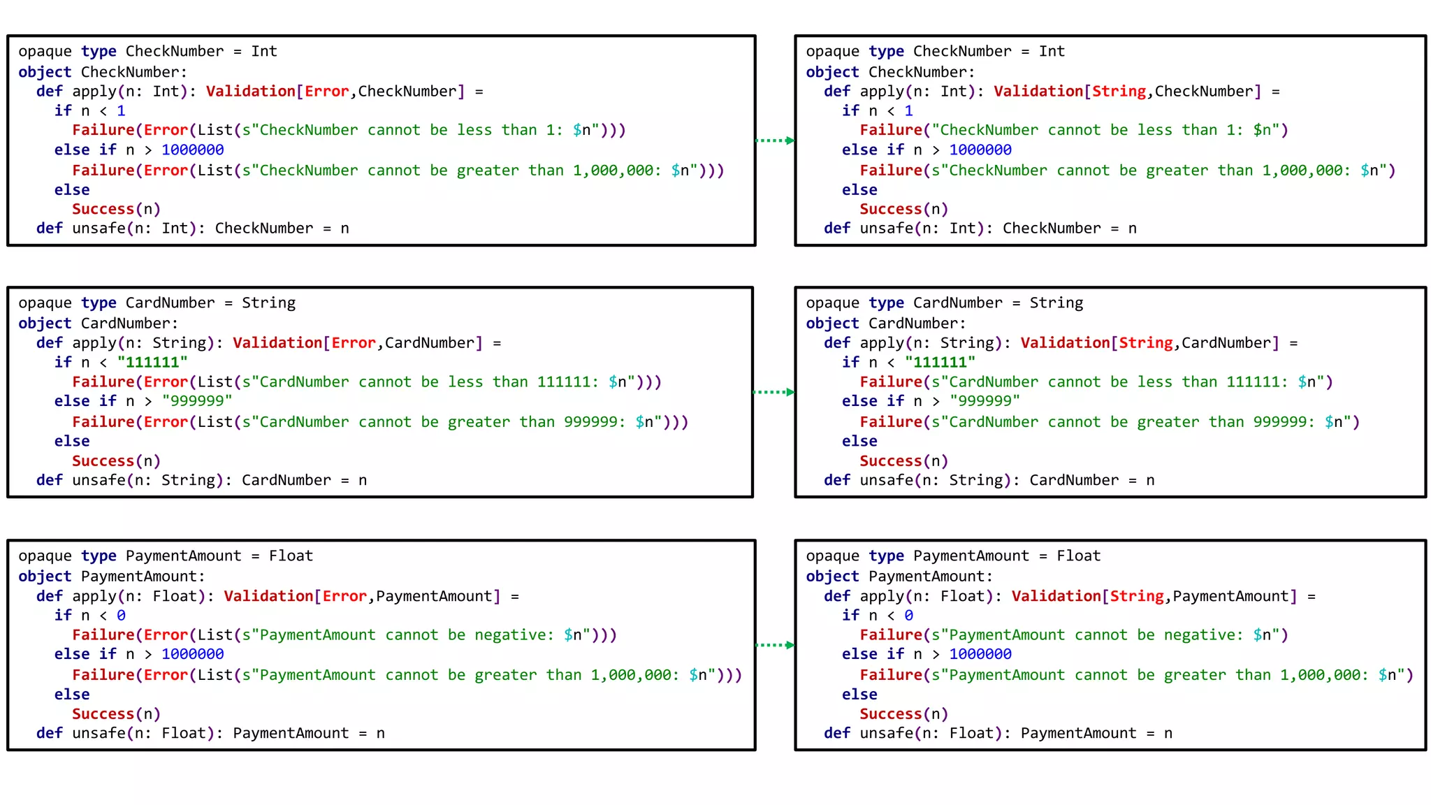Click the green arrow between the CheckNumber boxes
coord(775,140)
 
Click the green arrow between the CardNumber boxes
coord(773,392)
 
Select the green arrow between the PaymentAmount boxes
coord(775,645)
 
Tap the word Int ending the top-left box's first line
coord(264,52)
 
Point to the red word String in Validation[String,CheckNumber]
coord(1119,92)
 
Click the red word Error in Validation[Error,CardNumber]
coord(353,343)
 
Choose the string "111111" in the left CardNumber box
coord(152,363)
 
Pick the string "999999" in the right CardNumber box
coord(985,401)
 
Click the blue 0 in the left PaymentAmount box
coord(121,616)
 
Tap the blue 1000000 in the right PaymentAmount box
coord(980,654)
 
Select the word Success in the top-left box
coord(103,209)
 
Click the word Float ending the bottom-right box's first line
coord(1078,556)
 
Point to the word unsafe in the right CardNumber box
coord(886,480)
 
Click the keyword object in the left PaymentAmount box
coord(45,576)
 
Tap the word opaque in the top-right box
coord(832,52)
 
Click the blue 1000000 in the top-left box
coord(192,150)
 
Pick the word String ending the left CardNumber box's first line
coord(268,303)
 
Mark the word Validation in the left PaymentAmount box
coord(268,596)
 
